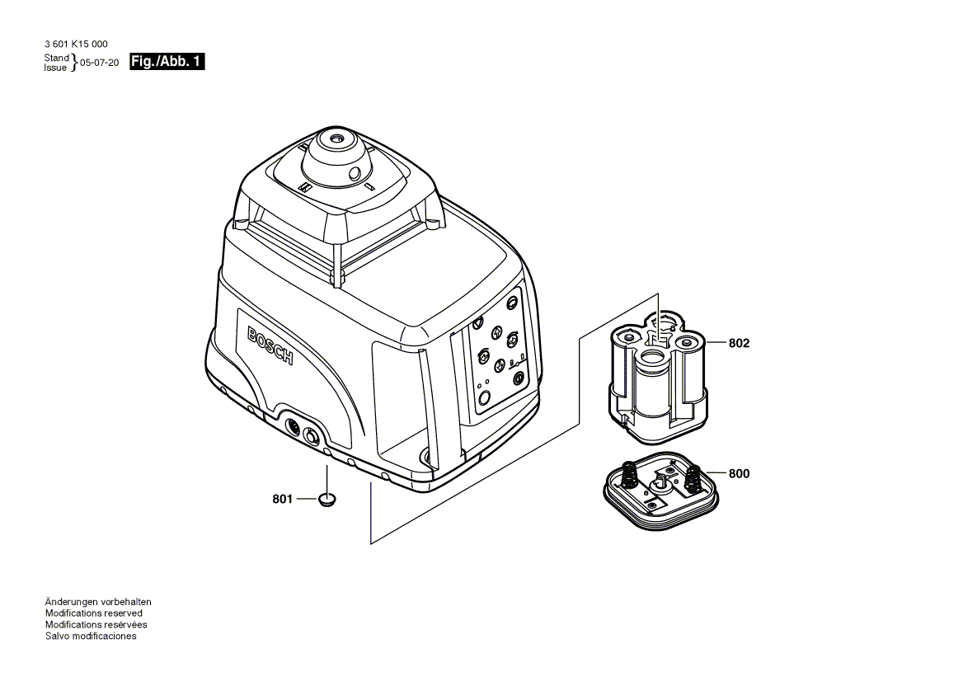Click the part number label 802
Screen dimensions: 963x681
pos(739,343)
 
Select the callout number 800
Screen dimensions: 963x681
pos(739,473)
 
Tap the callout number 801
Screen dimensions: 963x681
pos(283,500)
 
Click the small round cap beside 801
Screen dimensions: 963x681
pos(327,499)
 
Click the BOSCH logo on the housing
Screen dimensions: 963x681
pos(270,345)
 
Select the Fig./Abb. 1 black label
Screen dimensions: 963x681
pos(167,61)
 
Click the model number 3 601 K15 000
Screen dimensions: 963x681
pos(76,45)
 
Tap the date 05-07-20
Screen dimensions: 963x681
pos(100,63)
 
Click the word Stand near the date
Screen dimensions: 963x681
pos(57,58)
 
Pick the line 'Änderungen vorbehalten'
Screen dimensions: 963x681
pos(98,602)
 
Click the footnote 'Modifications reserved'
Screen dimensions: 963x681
pos(94,613)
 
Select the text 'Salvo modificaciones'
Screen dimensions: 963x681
pos(91,636)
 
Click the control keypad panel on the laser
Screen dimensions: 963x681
pos(500,353)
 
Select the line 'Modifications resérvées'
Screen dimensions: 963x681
pos(96,624)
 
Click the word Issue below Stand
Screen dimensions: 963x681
pos(55,68)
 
